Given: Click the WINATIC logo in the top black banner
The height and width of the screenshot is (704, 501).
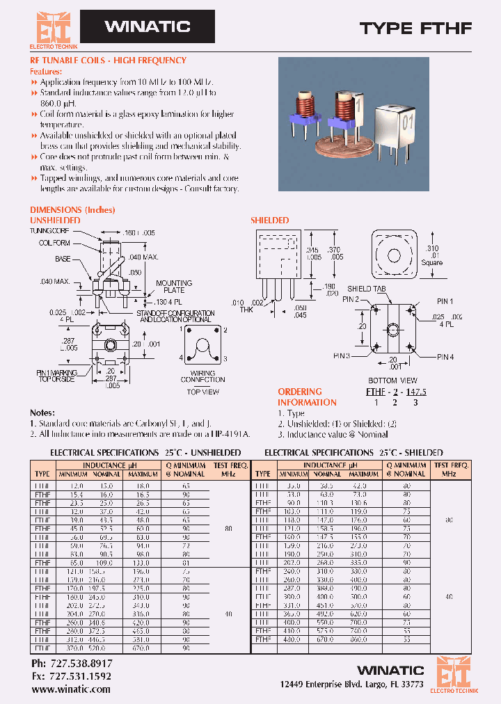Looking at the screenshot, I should coord(147,27).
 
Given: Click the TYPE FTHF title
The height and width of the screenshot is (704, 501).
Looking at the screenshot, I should coord(415,29).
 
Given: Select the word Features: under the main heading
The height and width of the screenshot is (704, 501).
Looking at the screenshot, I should coord(45,72).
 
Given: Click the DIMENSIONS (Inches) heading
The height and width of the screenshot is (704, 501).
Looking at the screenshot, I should coord(72,209).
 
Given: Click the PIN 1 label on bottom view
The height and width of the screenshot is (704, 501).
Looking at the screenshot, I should coord(444,301).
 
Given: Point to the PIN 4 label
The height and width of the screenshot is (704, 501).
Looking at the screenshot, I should coord(445,357).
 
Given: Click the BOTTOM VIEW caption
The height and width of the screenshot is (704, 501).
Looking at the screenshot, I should coord(392,381).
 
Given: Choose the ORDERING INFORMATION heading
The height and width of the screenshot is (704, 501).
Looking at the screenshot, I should coord(307,397).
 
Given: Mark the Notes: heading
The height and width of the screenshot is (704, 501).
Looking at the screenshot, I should coord(42,413).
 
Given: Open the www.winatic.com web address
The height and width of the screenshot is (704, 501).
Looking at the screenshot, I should coord(71,689).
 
